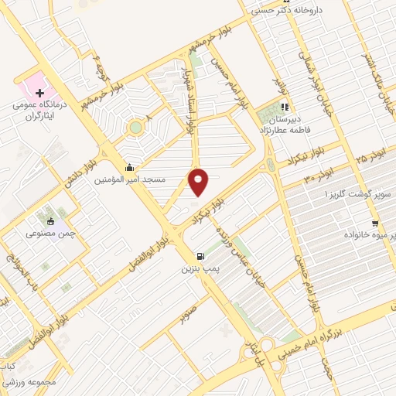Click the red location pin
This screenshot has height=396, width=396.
pos(200,183)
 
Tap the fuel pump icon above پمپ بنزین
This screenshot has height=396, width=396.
pos(201,256)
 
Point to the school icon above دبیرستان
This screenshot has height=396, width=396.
pos(285,108)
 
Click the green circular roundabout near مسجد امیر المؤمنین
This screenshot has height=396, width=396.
pos(136,125)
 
